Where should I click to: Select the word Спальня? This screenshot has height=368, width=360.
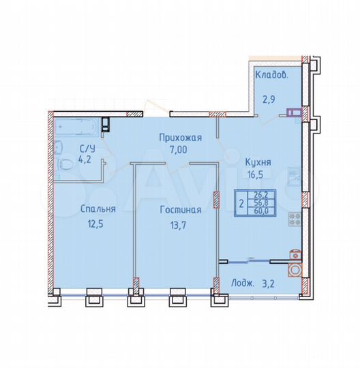click(x=95, y=209)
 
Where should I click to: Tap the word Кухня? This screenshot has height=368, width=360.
click(x=258, y=162)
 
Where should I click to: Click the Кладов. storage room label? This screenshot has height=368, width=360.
click(x=271, y=76)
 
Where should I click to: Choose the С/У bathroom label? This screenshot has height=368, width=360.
click(x=87, y=149)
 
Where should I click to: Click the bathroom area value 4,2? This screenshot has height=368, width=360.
click(x=85, y=160)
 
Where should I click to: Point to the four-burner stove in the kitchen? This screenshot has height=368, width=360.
click(x=295, y=219)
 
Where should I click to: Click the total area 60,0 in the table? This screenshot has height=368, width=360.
click(x=260, y=211)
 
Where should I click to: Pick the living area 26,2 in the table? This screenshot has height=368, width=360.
click(x=260, y=194)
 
